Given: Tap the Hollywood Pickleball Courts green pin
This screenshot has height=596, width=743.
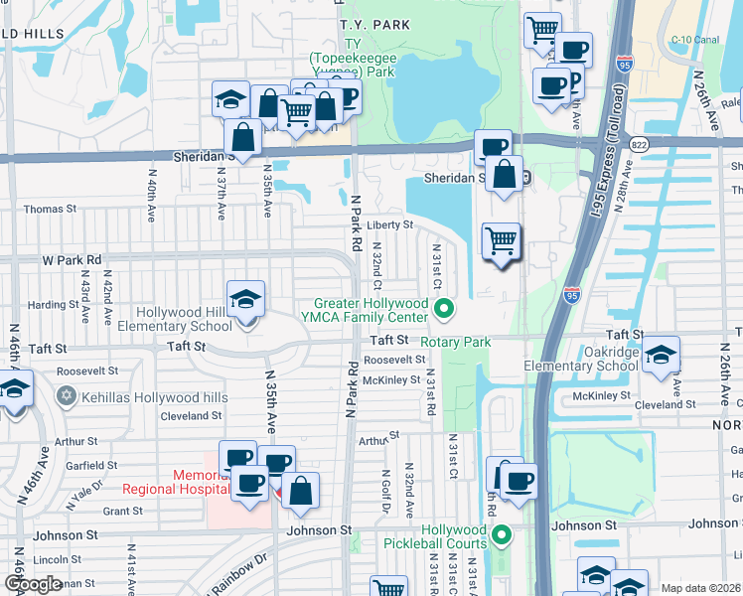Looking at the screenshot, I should click(x=502, y=536).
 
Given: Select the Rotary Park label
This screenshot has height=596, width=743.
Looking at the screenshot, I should click(x=456, y=342).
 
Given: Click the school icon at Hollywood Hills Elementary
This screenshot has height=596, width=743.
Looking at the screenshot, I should click(x=246, y=299).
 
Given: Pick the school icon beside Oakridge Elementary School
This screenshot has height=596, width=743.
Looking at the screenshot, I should click(x=661, y=356).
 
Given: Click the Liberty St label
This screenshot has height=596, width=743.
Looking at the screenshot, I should click(x=390, y=225).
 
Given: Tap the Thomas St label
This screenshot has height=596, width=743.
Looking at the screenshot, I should click(x=50, y=210).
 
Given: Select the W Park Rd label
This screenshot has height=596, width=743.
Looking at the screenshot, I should click(x=72, y=259).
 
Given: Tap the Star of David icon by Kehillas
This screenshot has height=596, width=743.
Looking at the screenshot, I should click(x=67, y=396).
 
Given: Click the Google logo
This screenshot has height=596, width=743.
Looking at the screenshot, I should click(x=33, y=583).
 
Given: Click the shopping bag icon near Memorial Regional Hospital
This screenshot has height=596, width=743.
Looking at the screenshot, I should click(x=300, y=490).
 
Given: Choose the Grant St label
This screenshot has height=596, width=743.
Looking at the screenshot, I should click(x=123, y=512).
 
